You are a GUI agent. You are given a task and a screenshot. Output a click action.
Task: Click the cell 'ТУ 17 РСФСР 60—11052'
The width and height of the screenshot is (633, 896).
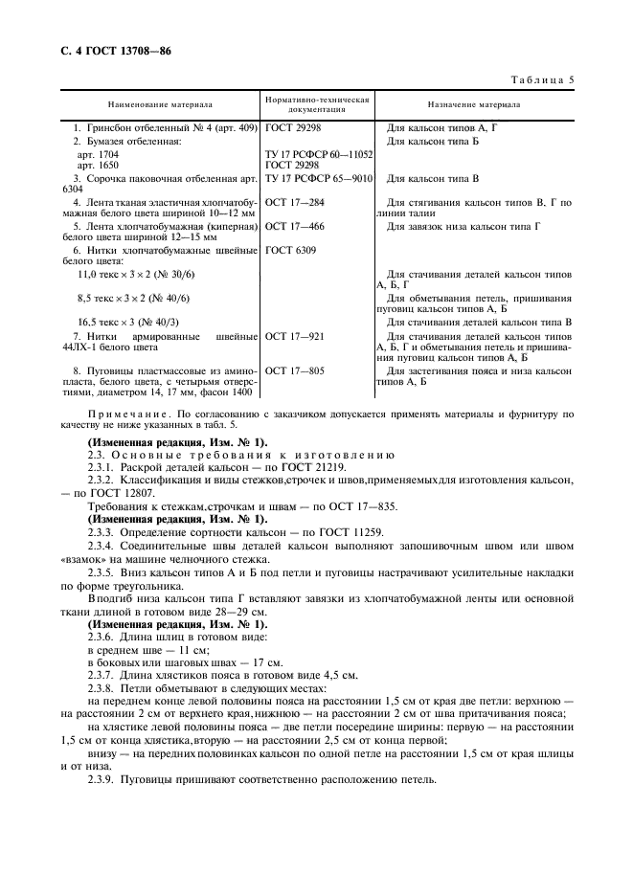point(318,153)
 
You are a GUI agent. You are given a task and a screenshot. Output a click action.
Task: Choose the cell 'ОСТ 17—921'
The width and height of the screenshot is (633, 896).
point(294,337)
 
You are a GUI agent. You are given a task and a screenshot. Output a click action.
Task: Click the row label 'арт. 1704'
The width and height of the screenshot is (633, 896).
point(97,153)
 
